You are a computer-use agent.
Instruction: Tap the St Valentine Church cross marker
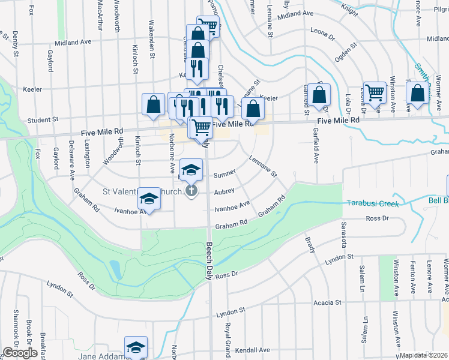pyautogui.click(x=191, y=192)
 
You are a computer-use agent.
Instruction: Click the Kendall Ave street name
pyautogui.click(x=253, y=350)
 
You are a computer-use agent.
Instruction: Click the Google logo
pyautogui.click(x=20, y=353)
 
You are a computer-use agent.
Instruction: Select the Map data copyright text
pyautogui.click(x=424, y=355)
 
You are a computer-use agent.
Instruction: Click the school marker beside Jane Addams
pyautogui.click(x=136, y=347)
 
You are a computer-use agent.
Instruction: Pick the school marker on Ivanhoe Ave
pyautogui.click(x=149, y=199)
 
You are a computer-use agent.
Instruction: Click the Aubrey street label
pyautogui.click(x=224, y=192)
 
